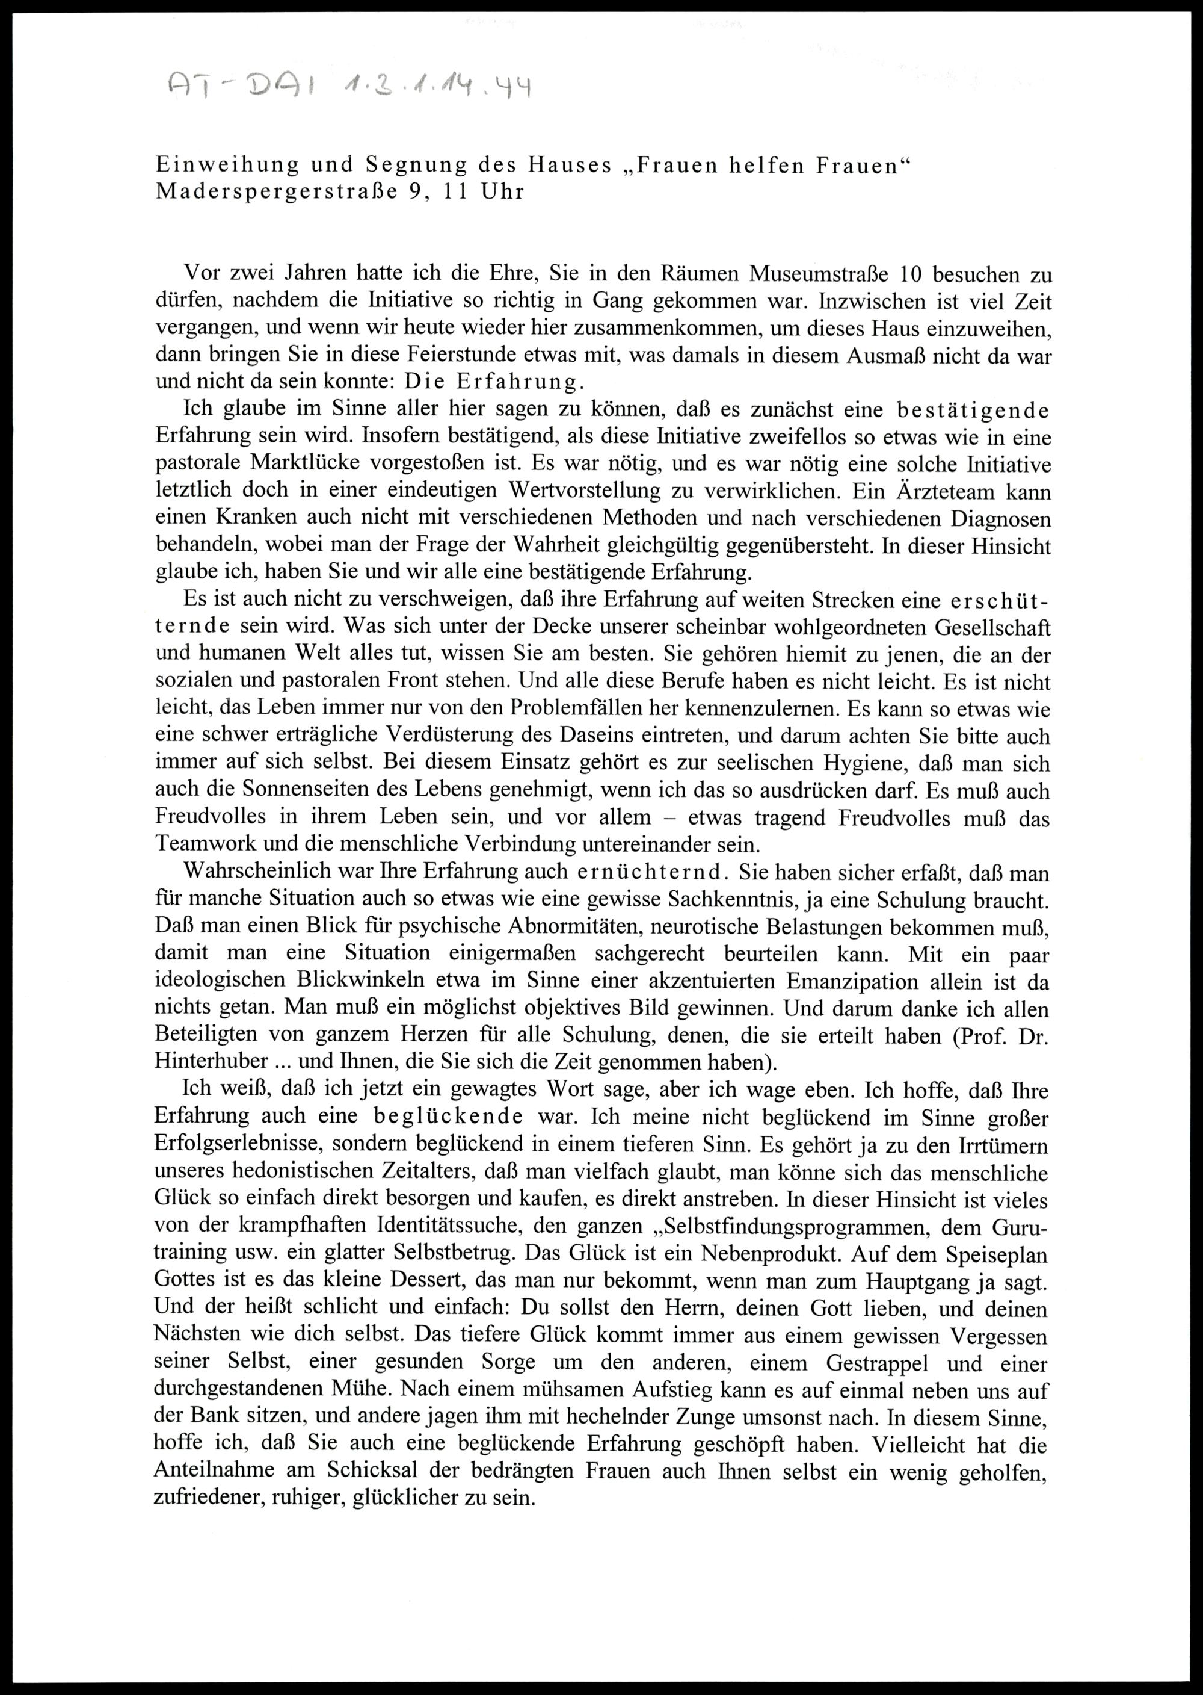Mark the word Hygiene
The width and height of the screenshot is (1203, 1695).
852,763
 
